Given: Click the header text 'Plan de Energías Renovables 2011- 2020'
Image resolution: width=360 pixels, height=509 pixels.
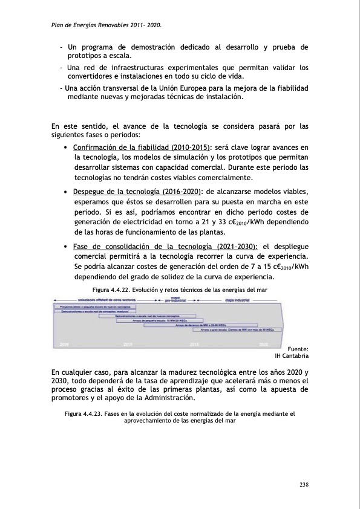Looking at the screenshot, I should (x=106, y=25).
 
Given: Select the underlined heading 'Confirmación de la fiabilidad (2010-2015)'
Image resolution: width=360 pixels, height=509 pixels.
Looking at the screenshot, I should (x=142, y=148).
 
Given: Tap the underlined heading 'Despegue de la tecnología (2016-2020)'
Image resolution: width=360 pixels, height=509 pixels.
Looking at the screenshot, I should (x=137, y=192).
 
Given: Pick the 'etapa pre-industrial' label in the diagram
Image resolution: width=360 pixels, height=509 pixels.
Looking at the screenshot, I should (x=174, y=299).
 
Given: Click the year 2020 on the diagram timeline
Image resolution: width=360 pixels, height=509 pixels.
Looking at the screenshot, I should (x=264, y=343).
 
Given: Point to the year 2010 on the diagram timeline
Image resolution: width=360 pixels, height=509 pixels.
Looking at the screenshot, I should (x=128, y=343).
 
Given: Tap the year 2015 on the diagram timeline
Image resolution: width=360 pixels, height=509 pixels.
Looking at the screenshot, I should (x=195, y=343).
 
